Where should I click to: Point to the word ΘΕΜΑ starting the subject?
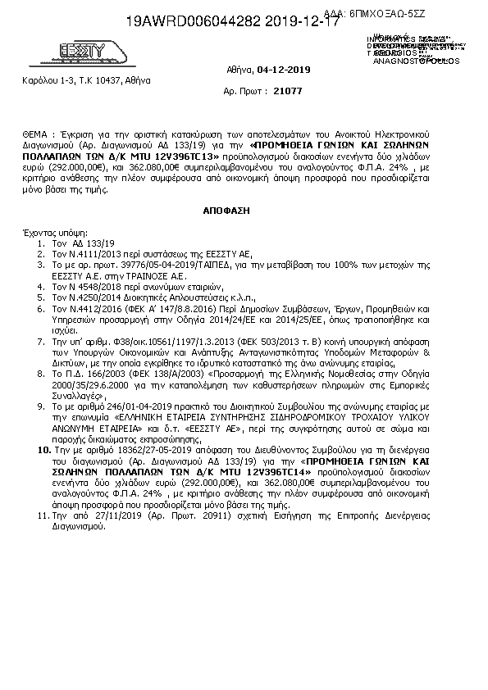tap(36, 132)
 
